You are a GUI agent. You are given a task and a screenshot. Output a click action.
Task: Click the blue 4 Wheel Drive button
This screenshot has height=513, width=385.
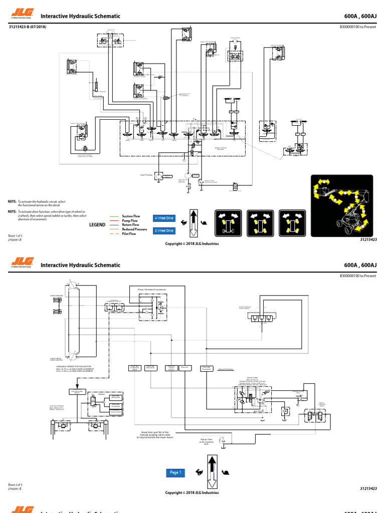pos(164,218)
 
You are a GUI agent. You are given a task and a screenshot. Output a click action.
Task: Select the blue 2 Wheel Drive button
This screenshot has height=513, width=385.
pos(164,230)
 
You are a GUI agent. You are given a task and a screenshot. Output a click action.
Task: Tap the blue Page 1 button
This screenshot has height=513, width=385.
pos(175,472)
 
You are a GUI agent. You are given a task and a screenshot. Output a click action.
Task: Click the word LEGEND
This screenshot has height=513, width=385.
pos(98,225)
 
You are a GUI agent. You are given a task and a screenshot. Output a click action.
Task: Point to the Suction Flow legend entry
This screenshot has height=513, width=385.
pos(131,216)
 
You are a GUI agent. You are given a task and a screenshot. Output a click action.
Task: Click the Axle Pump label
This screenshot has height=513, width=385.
pos(145,175)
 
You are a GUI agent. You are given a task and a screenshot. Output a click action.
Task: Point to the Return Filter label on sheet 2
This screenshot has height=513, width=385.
pos(207,440)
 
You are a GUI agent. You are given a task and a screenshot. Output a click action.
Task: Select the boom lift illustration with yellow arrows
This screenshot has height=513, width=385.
pos(341,205)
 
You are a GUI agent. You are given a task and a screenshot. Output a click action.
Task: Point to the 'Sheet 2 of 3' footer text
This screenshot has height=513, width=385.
pos(15,484)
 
